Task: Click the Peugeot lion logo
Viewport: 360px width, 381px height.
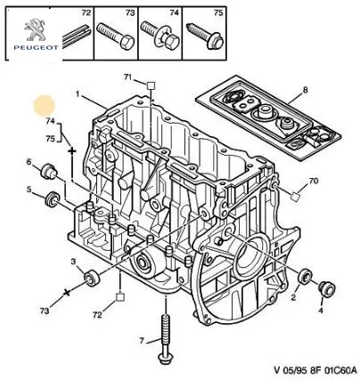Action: tap(35, 29)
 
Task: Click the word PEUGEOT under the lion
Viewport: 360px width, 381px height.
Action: tap(36, 47)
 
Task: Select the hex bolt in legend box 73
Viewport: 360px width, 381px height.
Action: tap(116, 36)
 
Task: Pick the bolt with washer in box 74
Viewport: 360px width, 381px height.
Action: tap(160, 36)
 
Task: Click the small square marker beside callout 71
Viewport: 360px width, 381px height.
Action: tap(151, 85)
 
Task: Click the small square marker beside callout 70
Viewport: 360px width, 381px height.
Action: tap(295, 197)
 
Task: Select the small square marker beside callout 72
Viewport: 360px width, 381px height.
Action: tap(120, 297)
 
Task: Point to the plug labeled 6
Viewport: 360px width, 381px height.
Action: tap(48, 172)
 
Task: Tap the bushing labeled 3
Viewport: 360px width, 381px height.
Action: tap(92, 279)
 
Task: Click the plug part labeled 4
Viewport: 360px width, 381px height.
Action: tap(326, 288)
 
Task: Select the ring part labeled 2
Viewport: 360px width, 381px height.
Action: tap(305, 276)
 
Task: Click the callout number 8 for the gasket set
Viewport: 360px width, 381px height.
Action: tap(306, 89)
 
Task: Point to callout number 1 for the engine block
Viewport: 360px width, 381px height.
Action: tap(78, 94)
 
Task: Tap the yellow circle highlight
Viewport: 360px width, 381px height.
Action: tap(45, 105)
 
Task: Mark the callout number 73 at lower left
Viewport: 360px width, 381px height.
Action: tap(45, 311)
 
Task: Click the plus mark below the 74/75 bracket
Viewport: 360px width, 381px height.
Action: tap(72, 151)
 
